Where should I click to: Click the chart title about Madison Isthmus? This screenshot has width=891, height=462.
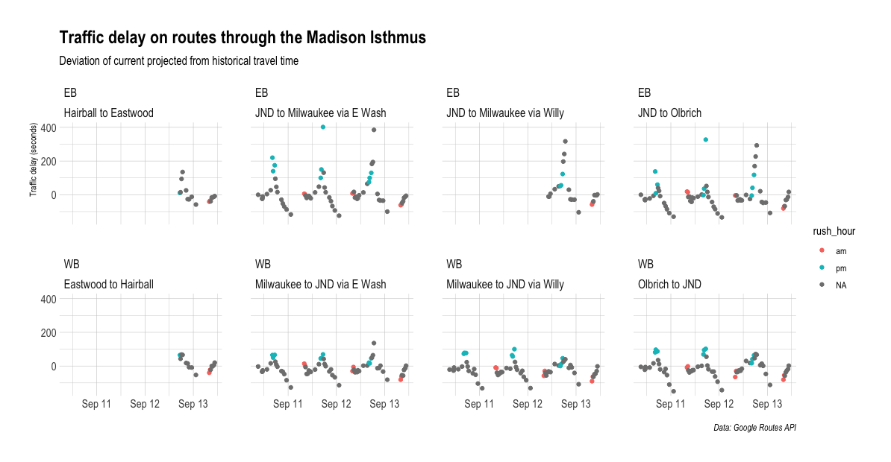pyautogui.click(x=243, y=38)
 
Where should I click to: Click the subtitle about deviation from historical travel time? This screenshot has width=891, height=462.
pyautogui.click(x=179, y=61)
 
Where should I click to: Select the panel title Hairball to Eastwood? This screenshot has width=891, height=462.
pyautogui.click(x=109, y=113)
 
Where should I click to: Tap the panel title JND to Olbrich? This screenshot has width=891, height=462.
pyautogui.click(x=670, y=113)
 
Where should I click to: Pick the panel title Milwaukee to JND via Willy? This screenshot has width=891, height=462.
pyautogui.click(x=505, y=284)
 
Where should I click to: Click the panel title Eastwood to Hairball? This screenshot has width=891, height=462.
pyautogui.click(x=109, y=284)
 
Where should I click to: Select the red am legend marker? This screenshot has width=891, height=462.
pyautogui.click(x=822, y=251)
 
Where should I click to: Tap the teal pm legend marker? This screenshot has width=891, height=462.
pyautogui.click(x=822, y=268)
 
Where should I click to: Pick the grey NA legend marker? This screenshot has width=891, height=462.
pyautogui.click(x=822, y=285)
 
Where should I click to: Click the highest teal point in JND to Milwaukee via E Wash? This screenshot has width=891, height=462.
pyautogui.click(x=322, y=127)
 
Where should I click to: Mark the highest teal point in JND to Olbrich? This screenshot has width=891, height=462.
pyautogui.click(x=705, y=140)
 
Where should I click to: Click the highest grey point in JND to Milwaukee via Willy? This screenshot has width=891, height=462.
pyautogui.click(x=565, y=142)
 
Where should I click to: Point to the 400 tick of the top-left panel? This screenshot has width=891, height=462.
pyautogui.click(x=48, y=127)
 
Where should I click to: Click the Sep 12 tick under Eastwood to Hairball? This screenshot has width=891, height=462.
pyautogui.click(x=145, y=404)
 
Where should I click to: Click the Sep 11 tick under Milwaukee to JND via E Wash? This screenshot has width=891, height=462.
pyautogui.click(x=288, y=404)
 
